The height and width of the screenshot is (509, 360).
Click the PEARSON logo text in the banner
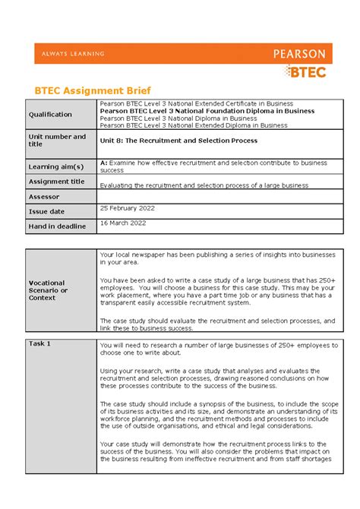pos(299,54)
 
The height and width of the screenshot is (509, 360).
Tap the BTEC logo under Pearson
pos(306,71)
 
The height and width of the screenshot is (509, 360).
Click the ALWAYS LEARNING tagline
pos(69,54)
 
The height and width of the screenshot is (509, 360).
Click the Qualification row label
pos(50,115)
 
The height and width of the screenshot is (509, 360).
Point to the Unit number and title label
pos(57,140)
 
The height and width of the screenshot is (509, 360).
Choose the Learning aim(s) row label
pos(56,166)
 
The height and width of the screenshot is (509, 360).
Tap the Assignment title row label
pos(57,182)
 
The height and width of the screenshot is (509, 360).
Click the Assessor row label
pos(45,196)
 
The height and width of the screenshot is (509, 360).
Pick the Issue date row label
pos(46,211)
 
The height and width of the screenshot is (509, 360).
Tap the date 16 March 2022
pos(123,223)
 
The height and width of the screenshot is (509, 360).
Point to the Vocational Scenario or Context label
pos(49,290)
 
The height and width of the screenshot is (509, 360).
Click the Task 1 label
pos(39,343)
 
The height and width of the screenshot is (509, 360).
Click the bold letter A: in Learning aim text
pos(104,163)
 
